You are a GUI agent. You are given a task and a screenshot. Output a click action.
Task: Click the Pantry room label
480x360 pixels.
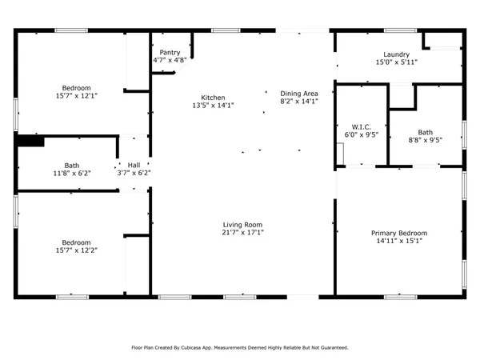click(x=170, y=52)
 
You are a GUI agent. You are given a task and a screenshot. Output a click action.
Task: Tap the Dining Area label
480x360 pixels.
click(x=299, y=94)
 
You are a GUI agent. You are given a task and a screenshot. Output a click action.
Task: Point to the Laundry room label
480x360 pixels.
click(x=398, y=54)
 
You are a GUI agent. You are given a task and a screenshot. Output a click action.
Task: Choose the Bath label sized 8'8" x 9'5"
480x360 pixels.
click(x=425, y=132)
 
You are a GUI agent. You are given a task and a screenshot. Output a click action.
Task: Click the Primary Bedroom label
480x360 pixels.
click(x=400, y=234)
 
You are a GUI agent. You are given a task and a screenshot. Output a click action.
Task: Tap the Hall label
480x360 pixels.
click(x=134, y=165)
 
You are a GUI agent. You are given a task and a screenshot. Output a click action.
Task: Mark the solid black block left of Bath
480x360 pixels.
click(x=31, y=141)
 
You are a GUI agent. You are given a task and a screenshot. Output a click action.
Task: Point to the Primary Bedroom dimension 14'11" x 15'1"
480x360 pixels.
click(x=400, y=242)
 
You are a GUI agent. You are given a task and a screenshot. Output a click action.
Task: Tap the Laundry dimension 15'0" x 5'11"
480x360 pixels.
click(x=398, y=62)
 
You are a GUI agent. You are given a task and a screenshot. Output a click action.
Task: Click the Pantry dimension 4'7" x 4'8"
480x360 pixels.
click(x=170, y=60)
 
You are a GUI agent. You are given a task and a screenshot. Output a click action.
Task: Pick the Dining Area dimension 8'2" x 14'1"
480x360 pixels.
click(x=299, y=102)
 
